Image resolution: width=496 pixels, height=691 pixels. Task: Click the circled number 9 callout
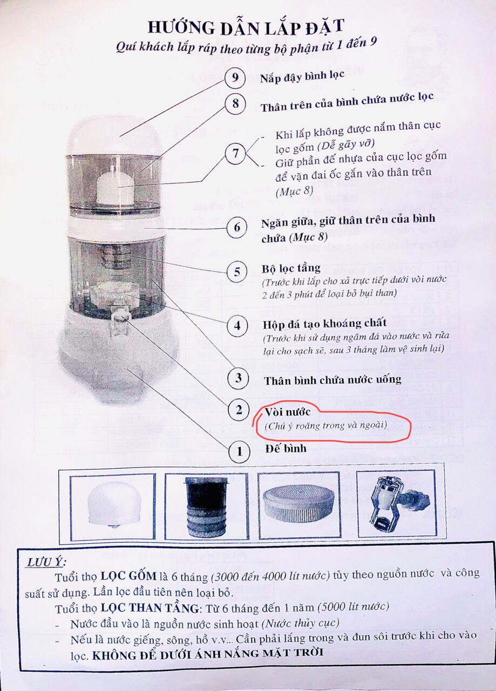(235, 78)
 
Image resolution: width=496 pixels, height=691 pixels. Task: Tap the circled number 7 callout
(235, 153)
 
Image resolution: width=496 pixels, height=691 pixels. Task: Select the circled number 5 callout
(237, 271)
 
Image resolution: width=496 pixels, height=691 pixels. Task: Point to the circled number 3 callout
(238, 378)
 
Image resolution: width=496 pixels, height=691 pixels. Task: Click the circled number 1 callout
(239, 452)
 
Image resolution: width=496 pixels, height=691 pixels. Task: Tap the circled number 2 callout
(239, 411)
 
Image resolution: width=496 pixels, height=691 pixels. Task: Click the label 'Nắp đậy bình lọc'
(302, 77)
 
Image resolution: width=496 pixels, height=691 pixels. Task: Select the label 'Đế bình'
(286, 448)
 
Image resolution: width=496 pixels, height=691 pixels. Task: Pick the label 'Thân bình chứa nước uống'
(332, 380)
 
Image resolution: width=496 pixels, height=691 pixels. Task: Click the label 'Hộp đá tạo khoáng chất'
(325, 324)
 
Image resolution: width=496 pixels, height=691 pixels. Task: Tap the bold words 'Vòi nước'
(288, 412)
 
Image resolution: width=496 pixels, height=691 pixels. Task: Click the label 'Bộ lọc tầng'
(291, 269)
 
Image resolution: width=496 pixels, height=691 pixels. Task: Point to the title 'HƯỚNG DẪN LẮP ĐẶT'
(246, 27)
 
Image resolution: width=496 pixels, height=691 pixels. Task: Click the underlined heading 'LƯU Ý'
(46, 562)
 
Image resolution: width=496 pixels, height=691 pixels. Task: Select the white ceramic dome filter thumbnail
(113, 507)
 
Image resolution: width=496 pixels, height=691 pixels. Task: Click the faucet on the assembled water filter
(120, 321)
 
